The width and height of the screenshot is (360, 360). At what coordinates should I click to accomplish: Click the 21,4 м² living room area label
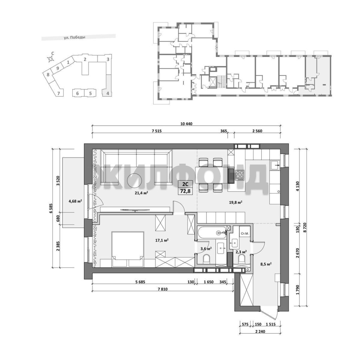click(141, 193)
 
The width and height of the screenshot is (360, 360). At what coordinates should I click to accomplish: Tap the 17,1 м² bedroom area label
click(162, 240)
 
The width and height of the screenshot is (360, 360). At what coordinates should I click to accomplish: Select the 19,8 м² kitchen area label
click(236, 203)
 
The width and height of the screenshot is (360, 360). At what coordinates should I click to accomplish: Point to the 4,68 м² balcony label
click(75, 201)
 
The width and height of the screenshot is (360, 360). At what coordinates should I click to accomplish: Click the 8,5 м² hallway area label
click(266, 264)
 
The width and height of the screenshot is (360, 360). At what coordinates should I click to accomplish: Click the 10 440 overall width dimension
click(186, 124)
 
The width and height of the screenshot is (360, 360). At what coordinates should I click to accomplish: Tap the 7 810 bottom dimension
click(163, 289)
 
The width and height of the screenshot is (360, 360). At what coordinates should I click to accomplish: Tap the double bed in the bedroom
click(128, 249)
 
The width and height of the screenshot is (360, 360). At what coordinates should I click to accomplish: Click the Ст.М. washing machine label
click(245, 234)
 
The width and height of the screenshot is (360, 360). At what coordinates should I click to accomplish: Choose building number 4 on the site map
click(107, 93)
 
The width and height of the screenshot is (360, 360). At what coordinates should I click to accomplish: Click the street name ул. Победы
click(75, 37)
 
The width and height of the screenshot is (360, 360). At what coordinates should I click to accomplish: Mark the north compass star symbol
click(50, 59)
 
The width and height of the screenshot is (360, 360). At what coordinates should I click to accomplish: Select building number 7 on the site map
click(59, 93)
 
